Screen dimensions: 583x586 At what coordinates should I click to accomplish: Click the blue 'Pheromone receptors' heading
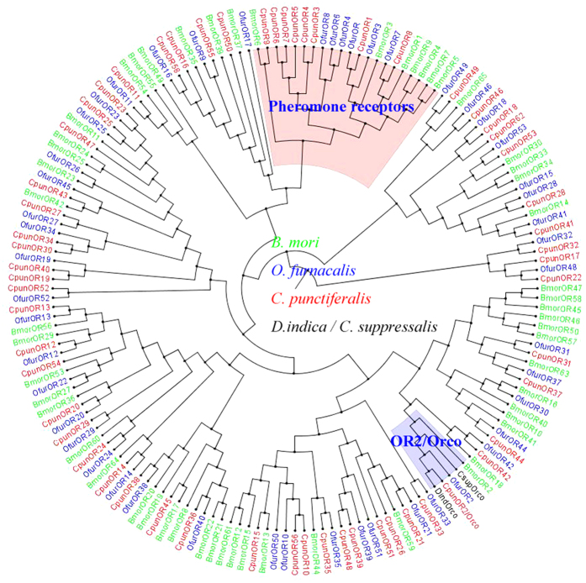tap(341, 108)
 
